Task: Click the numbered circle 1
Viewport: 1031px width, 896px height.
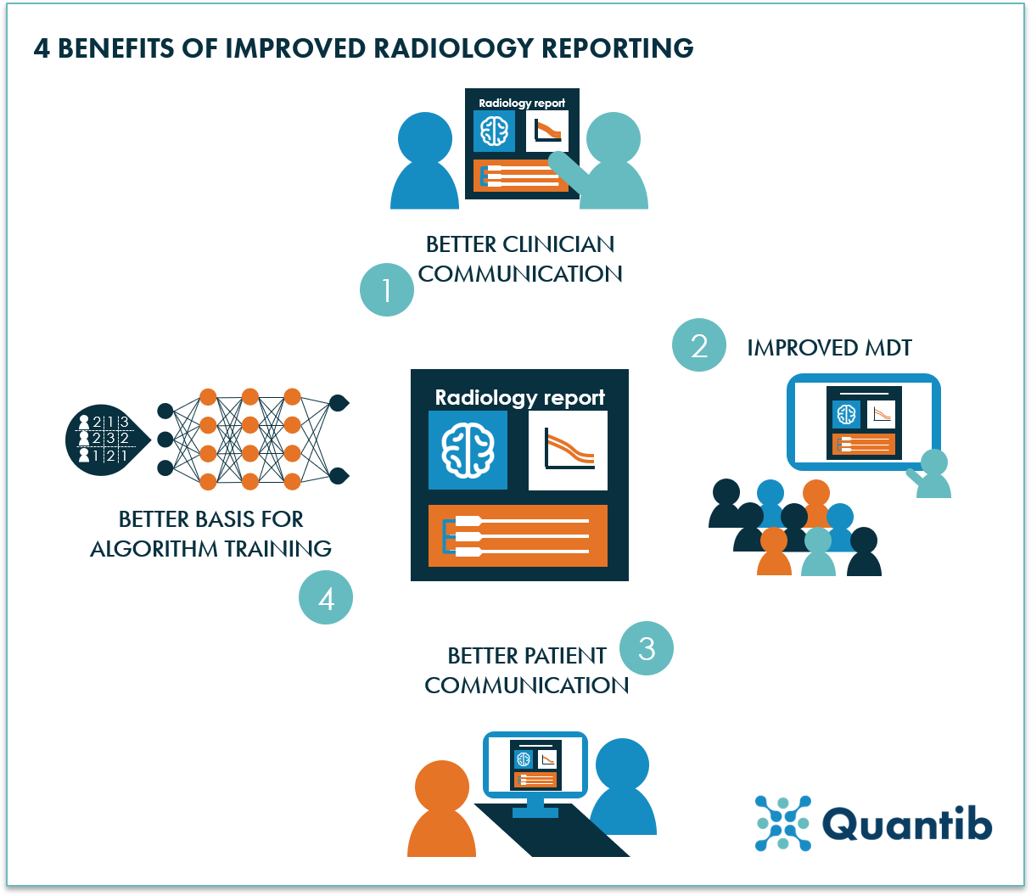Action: click(x=387, y=289)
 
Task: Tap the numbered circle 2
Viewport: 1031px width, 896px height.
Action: click(x=699, y=344)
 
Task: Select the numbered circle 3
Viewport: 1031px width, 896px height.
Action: click(x=647, y=648)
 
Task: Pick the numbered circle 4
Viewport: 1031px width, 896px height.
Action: click(x=326, y=598)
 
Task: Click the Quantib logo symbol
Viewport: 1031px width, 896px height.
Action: click(x=782, y=823)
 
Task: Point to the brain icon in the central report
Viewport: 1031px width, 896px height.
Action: click(x=468, y=451)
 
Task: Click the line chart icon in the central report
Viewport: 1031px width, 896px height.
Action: click(x=568, y=451)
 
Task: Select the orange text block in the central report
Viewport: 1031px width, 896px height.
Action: click(x=518, y=535)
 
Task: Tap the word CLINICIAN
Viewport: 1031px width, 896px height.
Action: click(x=558, y=244)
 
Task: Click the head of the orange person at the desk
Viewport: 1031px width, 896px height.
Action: click(x=441, y=786)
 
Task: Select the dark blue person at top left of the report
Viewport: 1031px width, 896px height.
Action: click(x=424, y=161)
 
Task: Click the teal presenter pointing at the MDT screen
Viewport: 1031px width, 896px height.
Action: click(x=932, y=475)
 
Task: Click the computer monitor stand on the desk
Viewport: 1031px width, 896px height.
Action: click(x=535, y=807)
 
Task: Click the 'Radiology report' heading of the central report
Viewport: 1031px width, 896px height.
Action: click(x=519, y=397)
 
